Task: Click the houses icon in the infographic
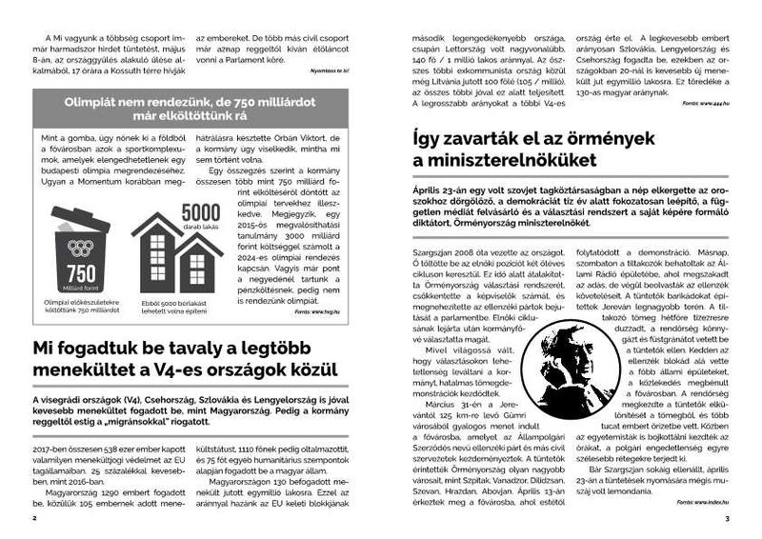point(175,256)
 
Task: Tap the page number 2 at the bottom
point(34,519)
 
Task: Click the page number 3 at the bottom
point(726,519)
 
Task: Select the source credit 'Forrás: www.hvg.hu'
point(315,309)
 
